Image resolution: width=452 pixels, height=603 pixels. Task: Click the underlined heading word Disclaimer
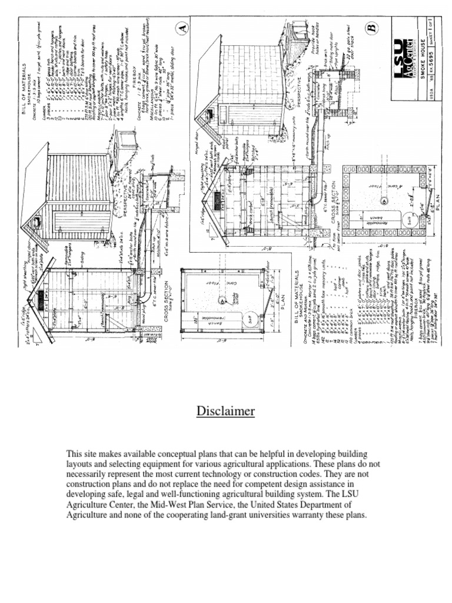225,411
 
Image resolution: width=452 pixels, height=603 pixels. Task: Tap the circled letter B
371,28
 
